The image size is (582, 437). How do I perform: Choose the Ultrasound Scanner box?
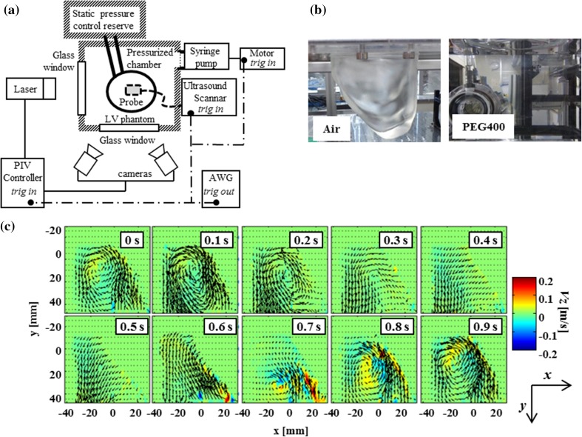pos(207,97)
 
